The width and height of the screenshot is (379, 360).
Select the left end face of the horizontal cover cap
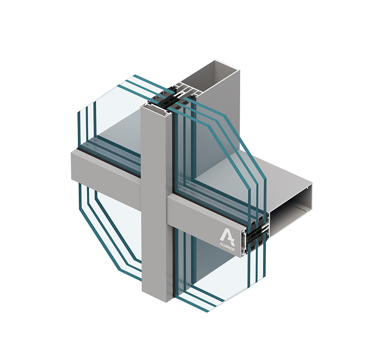click(x=74, y=166)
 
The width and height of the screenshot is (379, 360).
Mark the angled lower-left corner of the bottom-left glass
click(x=88, y=223)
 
